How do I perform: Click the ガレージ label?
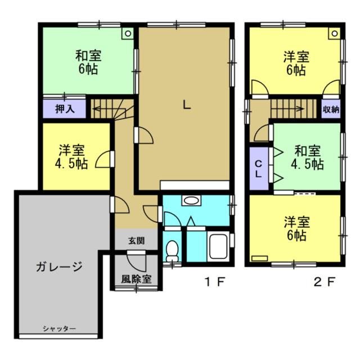[59, 267]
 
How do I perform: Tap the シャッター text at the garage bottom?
[59, 328]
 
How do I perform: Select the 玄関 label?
[136, 241]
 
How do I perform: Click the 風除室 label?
[136, 279]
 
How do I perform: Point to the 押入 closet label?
[65, 109]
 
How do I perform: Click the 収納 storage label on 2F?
[331, 110]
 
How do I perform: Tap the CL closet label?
[259, 169]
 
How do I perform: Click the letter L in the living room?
[187, 105]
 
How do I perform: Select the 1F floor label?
[215, 282]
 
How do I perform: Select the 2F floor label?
[325, 282]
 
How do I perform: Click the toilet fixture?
[172, 251]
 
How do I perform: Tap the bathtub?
[218, 246]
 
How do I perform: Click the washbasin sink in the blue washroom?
[191, 200]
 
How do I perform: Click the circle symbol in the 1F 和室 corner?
[128, 34]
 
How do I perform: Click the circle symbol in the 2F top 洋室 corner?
[335, 34]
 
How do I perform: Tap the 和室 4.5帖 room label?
[308, 157]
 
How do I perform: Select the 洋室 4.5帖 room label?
[71, 157]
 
